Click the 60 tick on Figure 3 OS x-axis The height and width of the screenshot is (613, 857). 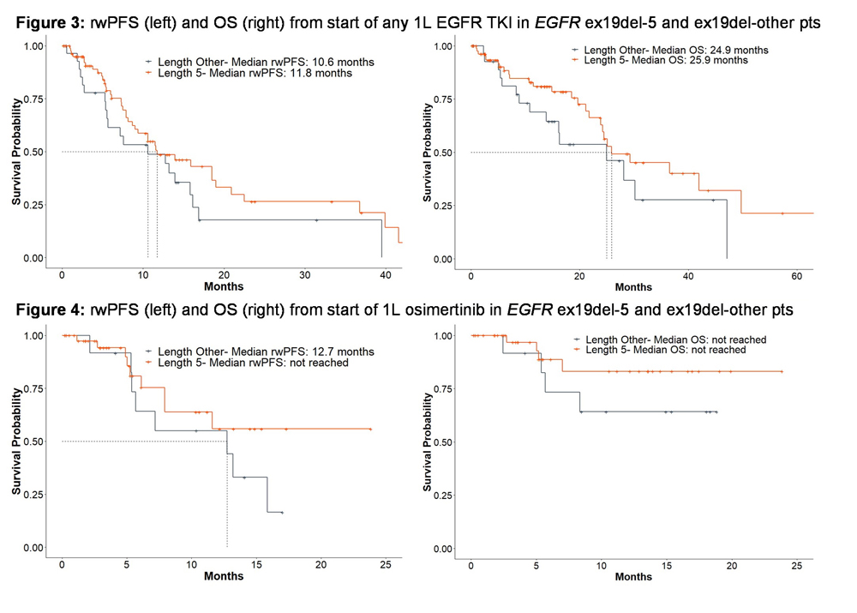797,276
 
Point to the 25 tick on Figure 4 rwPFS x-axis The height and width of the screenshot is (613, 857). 386,566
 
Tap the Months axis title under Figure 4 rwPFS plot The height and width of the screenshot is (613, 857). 223,577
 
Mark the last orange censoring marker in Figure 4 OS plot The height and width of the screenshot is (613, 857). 782,371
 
